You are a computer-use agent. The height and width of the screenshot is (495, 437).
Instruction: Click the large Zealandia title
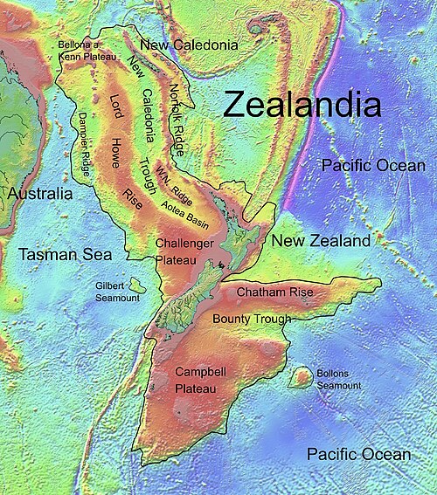(x=302, y=106)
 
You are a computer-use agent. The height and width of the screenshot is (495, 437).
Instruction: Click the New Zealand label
(x=321, y=240)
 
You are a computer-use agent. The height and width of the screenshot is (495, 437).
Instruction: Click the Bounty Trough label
(x=252, y=320)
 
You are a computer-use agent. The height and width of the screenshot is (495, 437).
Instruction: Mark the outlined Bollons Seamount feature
(x=301, y=377)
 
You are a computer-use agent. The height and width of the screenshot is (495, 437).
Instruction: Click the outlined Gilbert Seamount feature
(x=135, y=285)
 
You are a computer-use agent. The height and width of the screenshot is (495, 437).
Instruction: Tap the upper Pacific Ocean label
(x=372, y=165)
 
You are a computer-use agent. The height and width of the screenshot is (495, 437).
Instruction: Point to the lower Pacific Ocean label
(x=358, y=454)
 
